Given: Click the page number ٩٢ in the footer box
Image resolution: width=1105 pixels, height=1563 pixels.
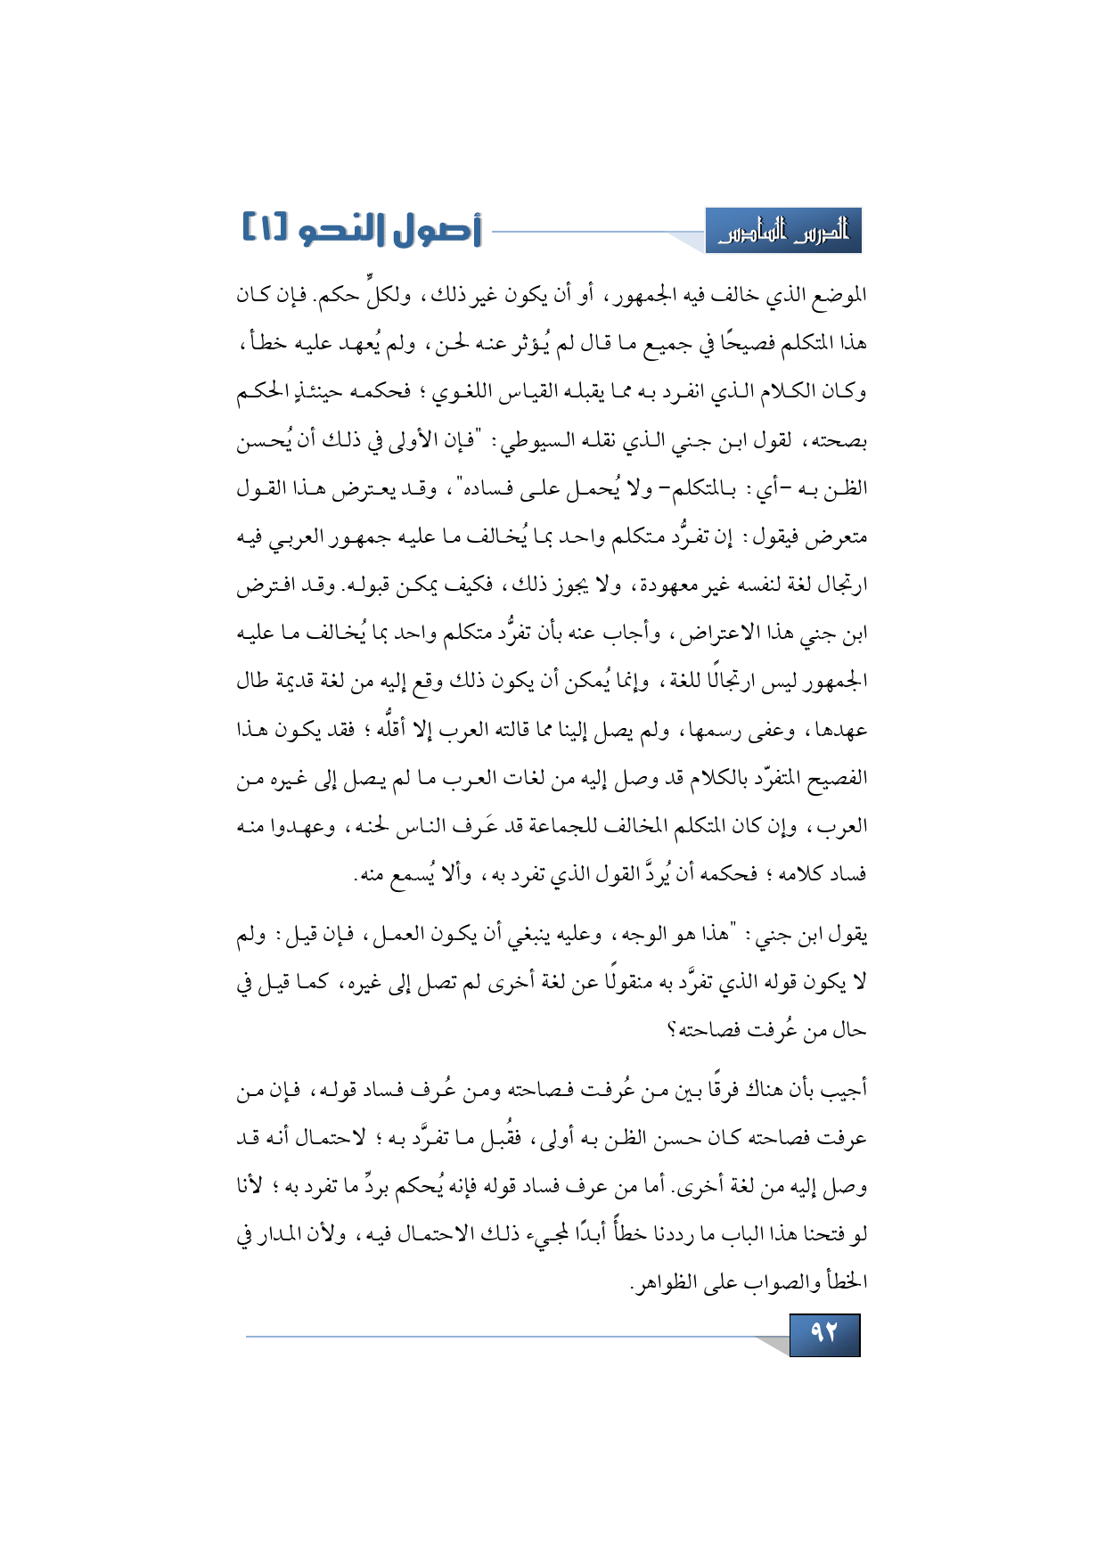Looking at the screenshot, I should pos(824,1334).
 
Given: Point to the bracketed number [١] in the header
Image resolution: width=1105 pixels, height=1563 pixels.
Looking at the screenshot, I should pos(266,229).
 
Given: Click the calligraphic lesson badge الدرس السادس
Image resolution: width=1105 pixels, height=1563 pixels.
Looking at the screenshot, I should pos(783,232).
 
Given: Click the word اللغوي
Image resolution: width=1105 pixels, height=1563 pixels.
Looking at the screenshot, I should pos(463,392).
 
